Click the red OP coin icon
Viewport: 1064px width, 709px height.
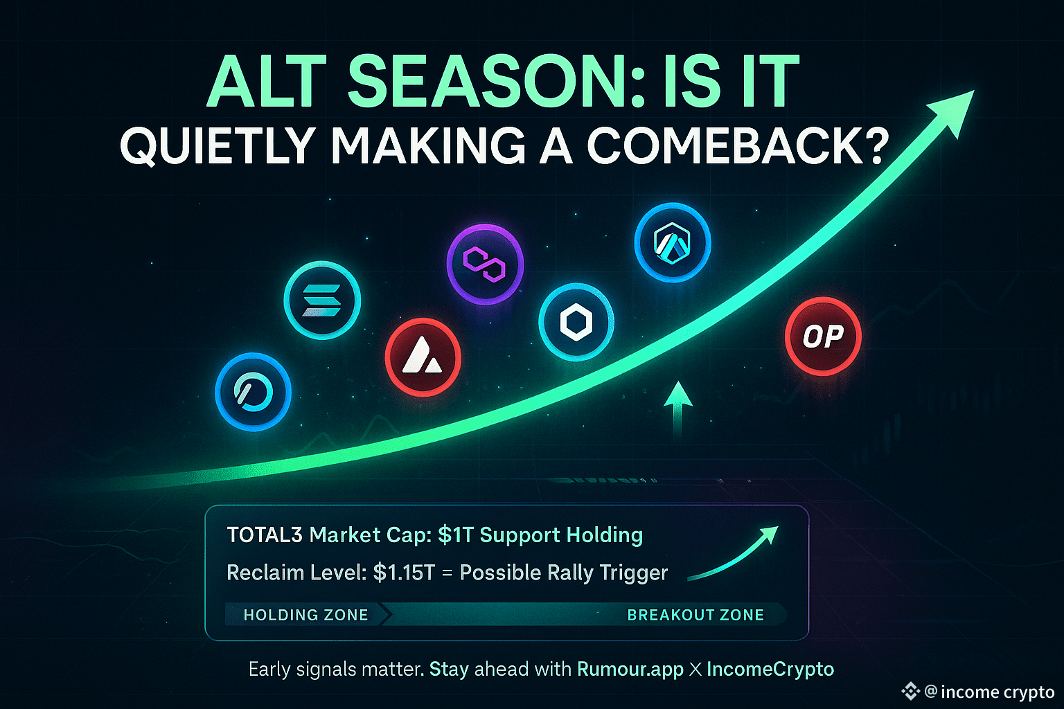pyautogui.click(x=823, y=336)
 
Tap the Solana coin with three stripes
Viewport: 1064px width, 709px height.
pyautogui.click(x=322, y=300)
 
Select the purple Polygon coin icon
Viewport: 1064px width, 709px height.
pyautogui.click(x=485, y=264)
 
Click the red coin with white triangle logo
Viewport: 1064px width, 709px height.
pyautogui.click(x=423, y=357)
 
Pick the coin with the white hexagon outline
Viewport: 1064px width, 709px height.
pyautogui.click(x=576, y=322)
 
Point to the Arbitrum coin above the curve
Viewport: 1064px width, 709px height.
pyautogui.click(x=673, y=242)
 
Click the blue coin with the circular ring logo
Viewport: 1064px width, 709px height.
pyautogui.click(x=253, y=392)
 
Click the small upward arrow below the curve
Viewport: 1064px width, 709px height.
pyautogui.click(x=678, y=409)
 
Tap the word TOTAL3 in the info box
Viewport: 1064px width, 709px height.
pyautogui.click(x=265, y=535)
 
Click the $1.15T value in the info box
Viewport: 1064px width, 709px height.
pyautogui.click(x=405, y=572)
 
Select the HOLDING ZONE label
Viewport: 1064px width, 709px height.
pyautogui.click(x=306, y=615)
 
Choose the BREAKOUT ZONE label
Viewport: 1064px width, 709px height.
pyautogui.click(x=695, y=615)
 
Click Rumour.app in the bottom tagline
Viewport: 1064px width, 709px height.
pyautogui.click(x=630, y=669)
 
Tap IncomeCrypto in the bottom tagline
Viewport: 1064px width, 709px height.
pyautogui.click(x=770, y=669)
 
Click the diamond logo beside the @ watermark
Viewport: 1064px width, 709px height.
pyautogui.click(x=911, y=692)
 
